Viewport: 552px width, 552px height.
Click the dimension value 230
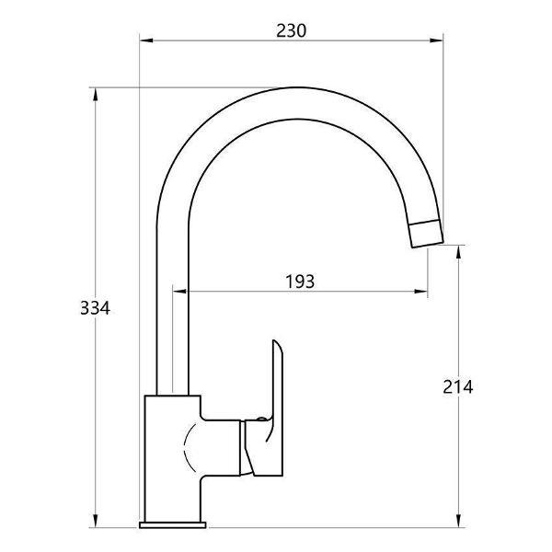(291, 30)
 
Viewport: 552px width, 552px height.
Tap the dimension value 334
(95, 308)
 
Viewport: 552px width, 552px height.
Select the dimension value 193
(300, 282)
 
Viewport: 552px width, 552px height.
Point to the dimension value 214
(457, 387)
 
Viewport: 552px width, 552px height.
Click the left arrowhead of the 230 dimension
(146, 40)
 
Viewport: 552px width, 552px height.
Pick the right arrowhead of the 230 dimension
(436, 40)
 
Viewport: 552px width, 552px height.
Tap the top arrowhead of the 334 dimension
(95, 95)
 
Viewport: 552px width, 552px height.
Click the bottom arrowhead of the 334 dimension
(95, 521)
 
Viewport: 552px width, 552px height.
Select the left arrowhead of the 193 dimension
(179, 291)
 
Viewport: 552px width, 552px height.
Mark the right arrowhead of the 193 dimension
(421, 291)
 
